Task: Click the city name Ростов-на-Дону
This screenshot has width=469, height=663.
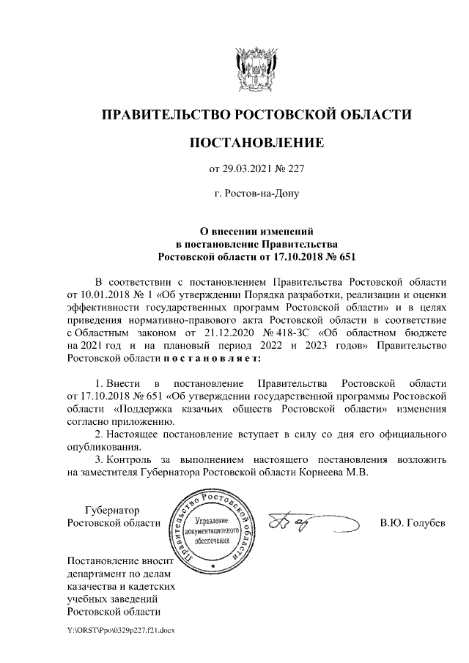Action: (x=256, y=195)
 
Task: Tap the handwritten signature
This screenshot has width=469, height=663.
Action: (x=293, y=522)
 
